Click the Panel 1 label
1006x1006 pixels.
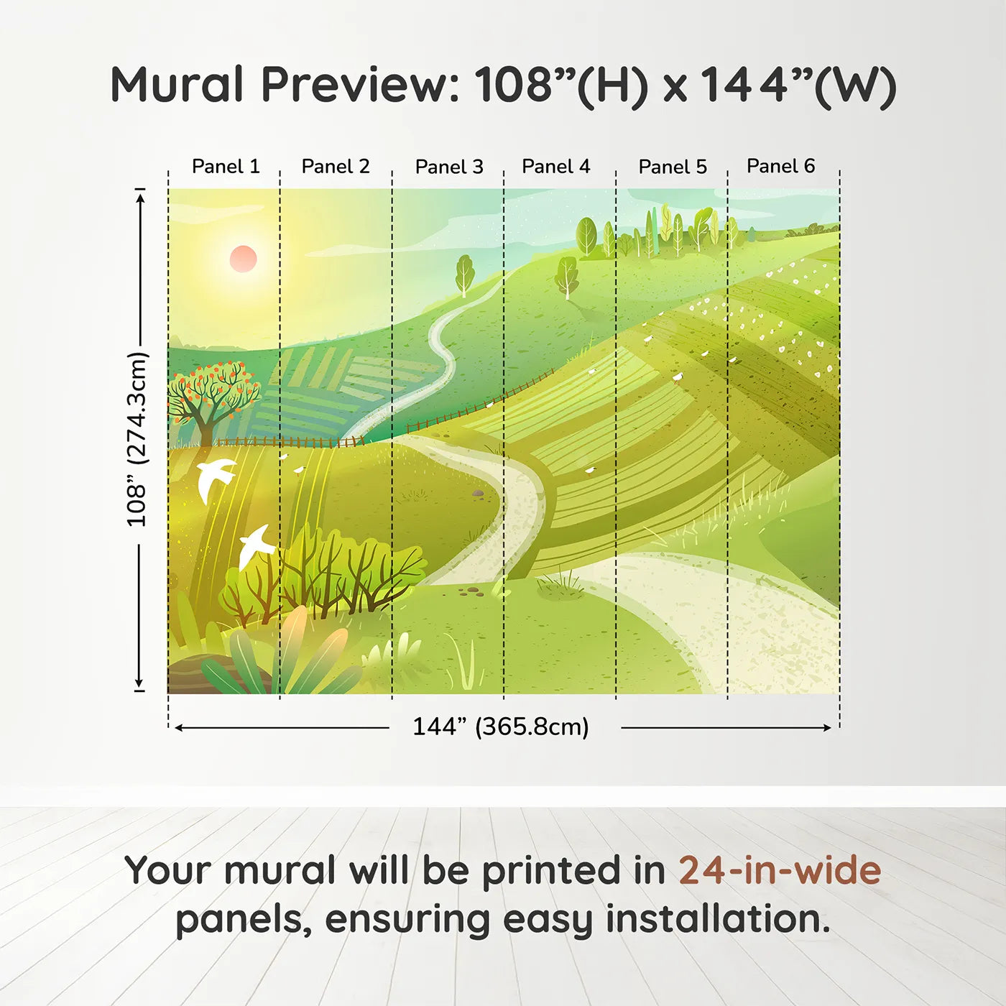[226, 167]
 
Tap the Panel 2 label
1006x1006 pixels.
[336, 167]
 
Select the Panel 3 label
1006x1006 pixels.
[449, 167]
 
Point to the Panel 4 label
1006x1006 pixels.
[556, 167]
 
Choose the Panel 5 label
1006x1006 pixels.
[673, 167]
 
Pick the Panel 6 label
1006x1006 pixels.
[780, 166]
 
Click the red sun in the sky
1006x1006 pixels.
[244, 259]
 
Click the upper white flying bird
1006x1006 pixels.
[215, 479]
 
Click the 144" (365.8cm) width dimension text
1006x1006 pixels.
[501, 726]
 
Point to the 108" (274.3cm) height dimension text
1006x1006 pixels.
[137, 439]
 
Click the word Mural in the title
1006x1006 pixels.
[177, 85]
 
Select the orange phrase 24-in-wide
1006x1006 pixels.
[780, 870]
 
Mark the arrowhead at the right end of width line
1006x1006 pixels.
[827, 728]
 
